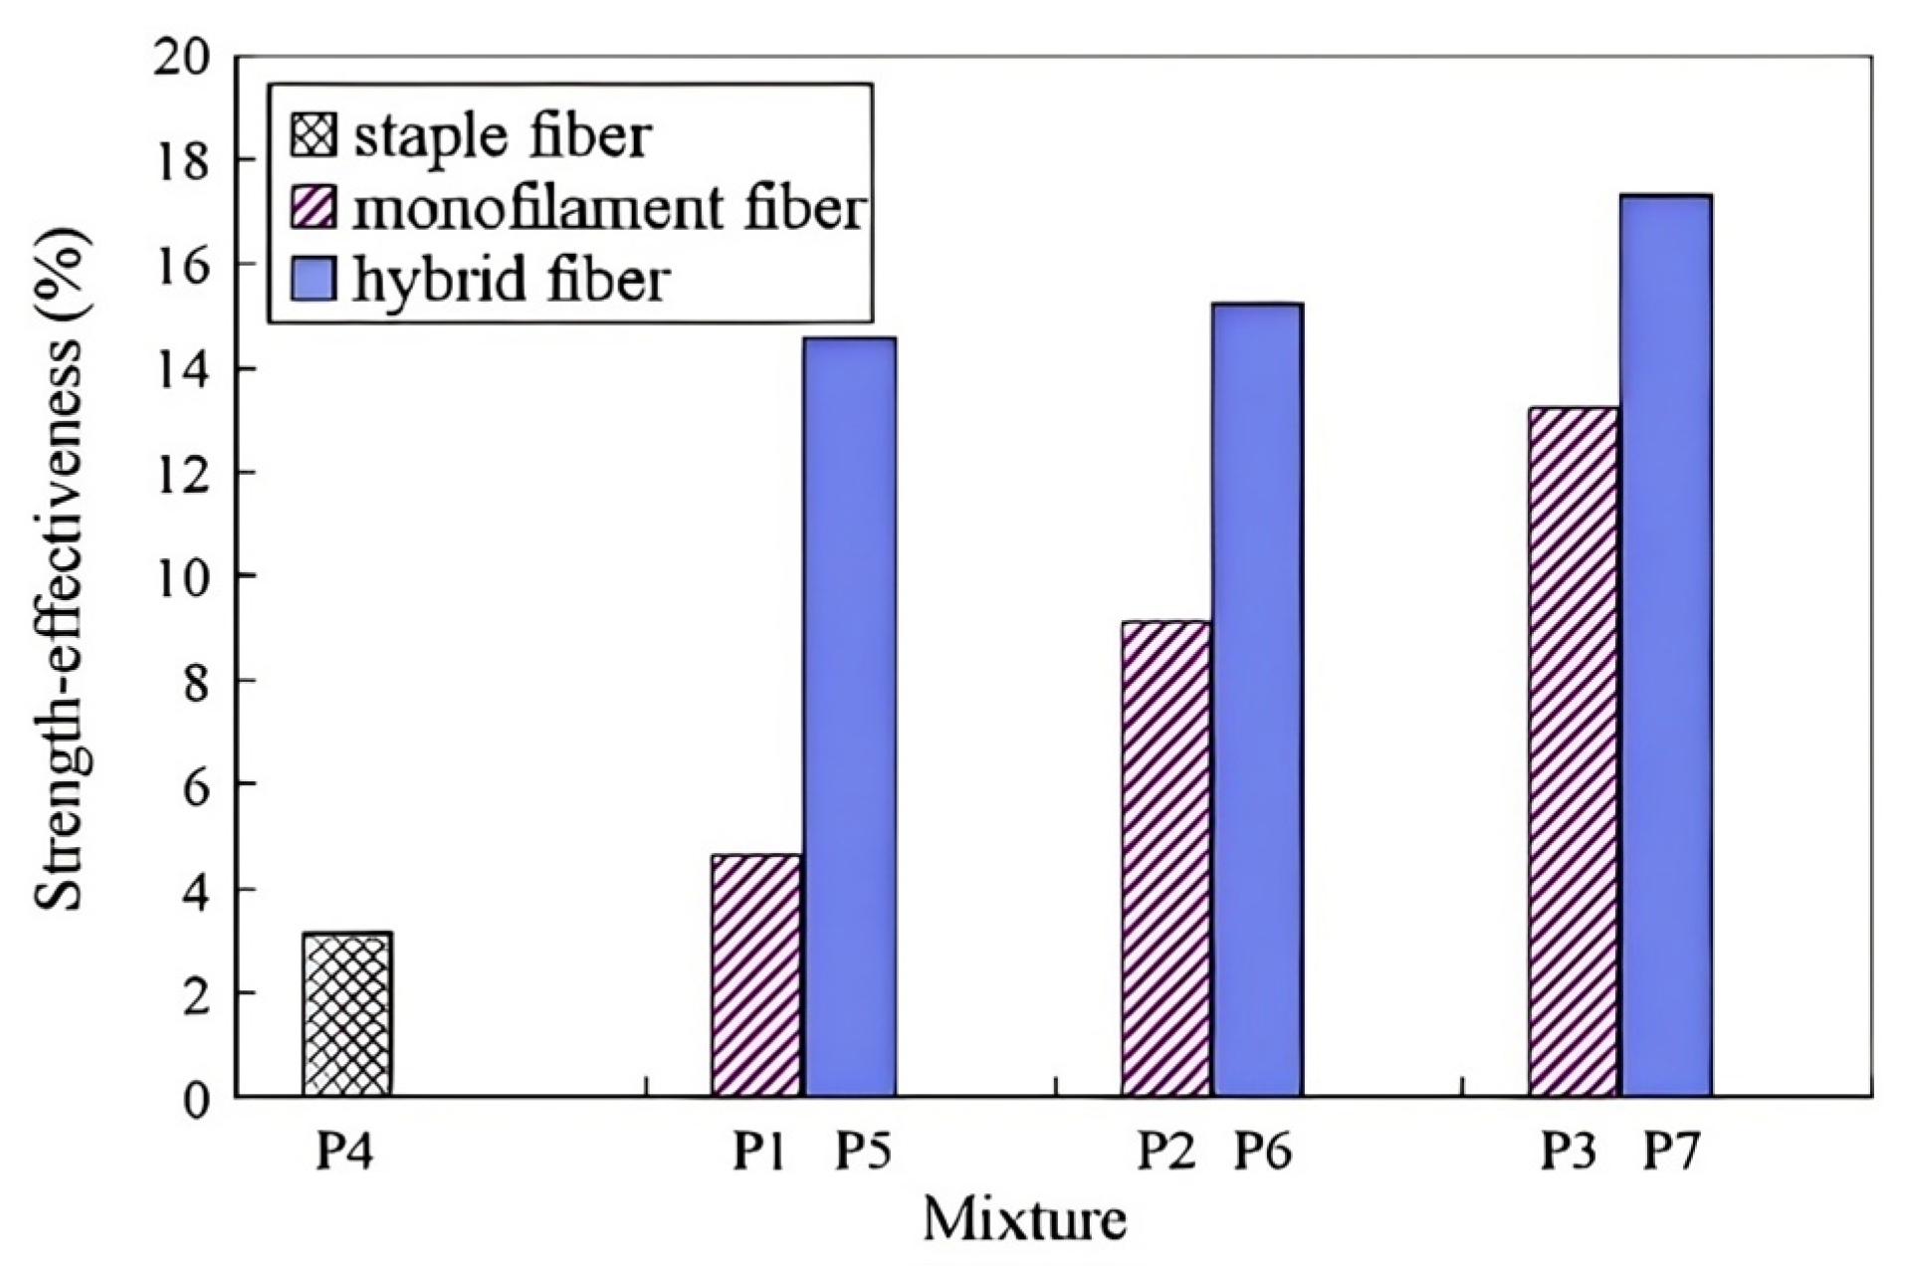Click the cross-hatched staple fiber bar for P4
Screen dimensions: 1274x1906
(x=347, y=1015)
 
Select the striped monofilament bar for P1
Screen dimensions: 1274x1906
(x=756, y=975)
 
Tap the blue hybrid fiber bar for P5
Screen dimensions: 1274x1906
(x=850, y=717)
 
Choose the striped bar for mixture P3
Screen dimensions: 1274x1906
(x=1574, y=751)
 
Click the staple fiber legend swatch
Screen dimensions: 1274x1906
(x=315, y=136)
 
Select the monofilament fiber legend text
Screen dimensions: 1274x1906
(x=607, y=208)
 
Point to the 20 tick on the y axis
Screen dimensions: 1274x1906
(x=183, y=57)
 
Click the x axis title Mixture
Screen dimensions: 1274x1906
(x=1024, y=1219)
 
